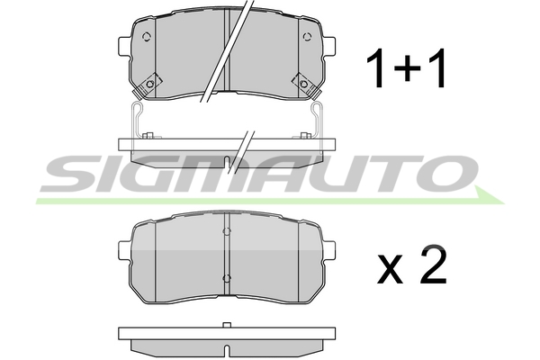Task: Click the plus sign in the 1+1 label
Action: click(408, 67)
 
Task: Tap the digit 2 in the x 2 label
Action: click(433, 264)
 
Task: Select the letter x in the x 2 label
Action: click(391, 269)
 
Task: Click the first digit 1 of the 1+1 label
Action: click(376, 67)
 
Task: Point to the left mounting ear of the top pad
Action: click(124, 46)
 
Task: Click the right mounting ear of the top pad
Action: click(328, 46)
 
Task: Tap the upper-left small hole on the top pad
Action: click(147, 37)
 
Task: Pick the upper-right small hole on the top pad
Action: click(307, 37)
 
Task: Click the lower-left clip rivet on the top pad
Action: click(149, 84)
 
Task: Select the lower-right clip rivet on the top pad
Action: click(303, 84)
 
